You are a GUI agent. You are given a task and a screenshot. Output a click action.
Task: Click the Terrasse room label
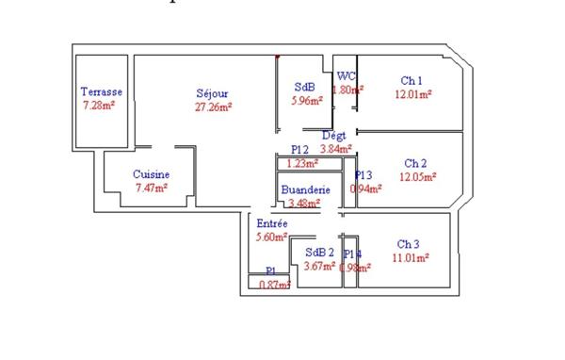[101, 91]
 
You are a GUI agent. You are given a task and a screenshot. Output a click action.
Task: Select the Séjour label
[212, 93]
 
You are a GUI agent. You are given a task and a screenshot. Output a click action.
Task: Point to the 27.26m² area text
[213, 106]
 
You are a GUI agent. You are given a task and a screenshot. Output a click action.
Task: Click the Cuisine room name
[151, 174]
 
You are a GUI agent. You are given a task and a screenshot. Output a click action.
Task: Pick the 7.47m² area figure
[151, 188]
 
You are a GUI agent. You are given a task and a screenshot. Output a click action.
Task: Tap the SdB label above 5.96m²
[306, 87]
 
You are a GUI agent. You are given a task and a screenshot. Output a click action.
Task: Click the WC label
[346, 76]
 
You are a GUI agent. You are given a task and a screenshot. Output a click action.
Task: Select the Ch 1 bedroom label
[412, 80]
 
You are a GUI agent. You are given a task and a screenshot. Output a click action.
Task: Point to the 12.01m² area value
[413, 94]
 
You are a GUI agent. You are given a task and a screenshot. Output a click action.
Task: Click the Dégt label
[334, 136]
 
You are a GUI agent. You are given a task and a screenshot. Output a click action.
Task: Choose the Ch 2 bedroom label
[415, 163]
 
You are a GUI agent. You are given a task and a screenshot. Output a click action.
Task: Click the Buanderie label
[306, 189]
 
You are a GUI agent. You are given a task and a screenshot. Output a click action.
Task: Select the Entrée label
[272, 223]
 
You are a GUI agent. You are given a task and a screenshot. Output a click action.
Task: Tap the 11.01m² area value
[412, 256]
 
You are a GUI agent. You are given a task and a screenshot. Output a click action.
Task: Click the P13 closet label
[363, 174]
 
